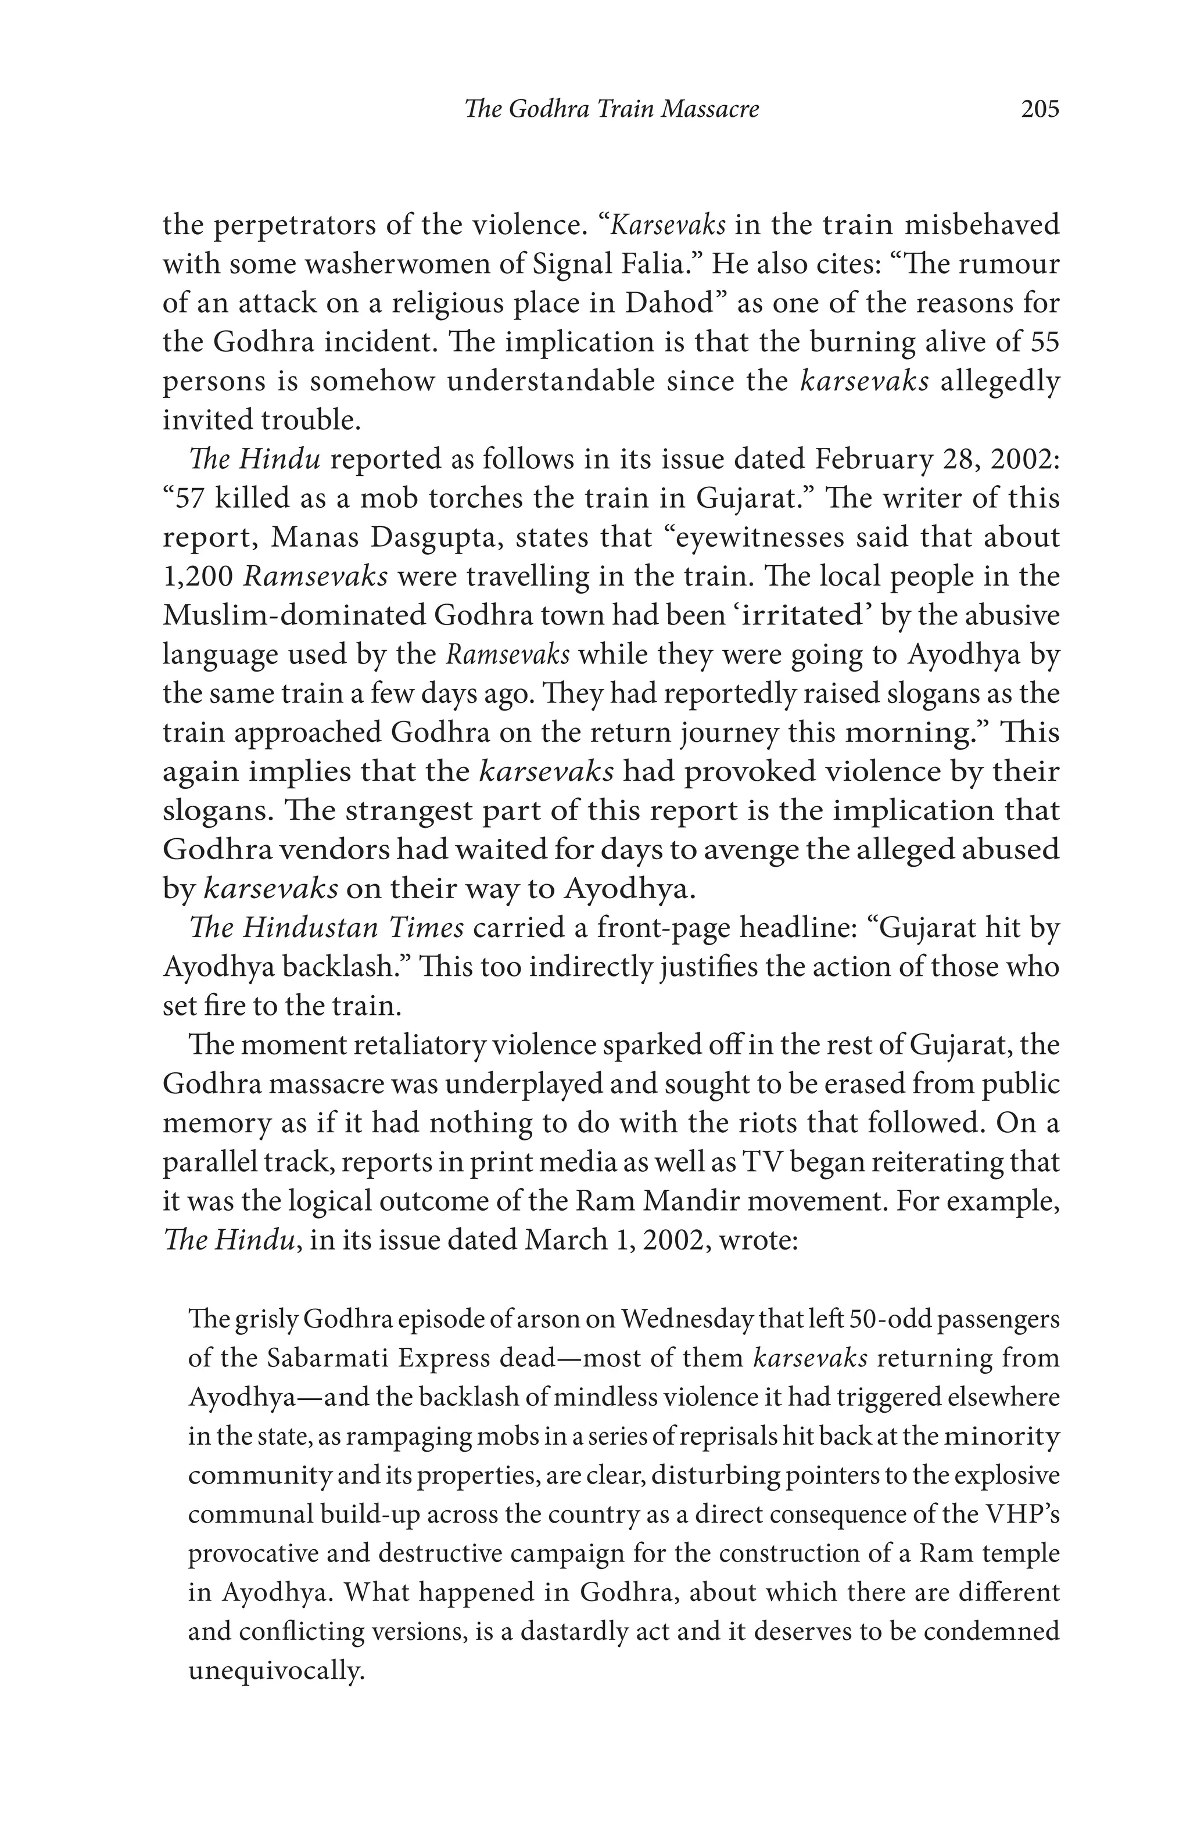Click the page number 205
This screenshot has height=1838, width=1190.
[x=1040, y=109]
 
